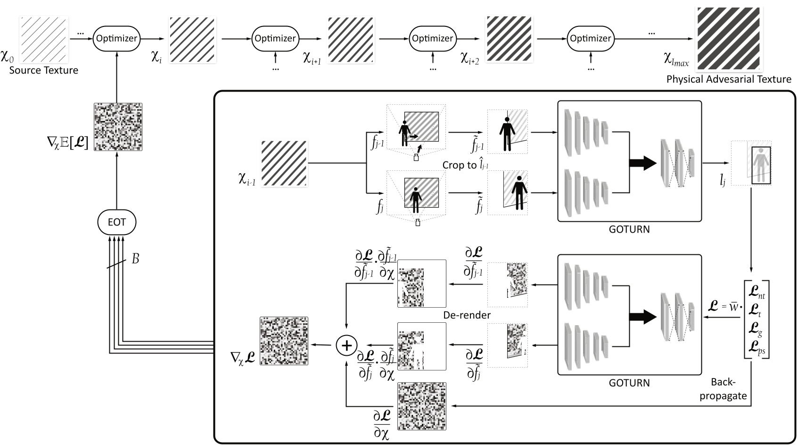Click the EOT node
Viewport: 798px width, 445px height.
[116, 222]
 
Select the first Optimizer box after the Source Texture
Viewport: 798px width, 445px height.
[116, 39]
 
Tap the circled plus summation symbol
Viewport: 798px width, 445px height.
[346, 345]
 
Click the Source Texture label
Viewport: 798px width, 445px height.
[44, 70]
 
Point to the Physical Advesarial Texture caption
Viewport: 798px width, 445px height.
[729, 79]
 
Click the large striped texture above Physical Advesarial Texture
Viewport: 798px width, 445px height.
[728, 39]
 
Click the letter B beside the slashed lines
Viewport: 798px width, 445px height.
[135, 259]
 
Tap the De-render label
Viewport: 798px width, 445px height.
[467, 315]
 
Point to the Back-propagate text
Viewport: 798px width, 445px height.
[723, 389]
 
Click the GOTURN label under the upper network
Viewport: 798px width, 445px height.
[629, 229]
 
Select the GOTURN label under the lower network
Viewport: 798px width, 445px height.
[629, 383]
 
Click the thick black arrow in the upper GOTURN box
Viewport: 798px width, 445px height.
[643, 163]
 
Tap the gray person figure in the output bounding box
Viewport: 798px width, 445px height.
[759, 165]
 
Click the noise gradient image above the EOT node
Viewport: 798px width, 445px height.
[118, 127]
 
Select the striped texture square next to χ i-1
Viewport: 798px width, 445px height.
[284, 163]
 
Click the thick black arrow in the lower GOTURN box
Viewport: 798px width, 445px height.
[643, 317]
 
